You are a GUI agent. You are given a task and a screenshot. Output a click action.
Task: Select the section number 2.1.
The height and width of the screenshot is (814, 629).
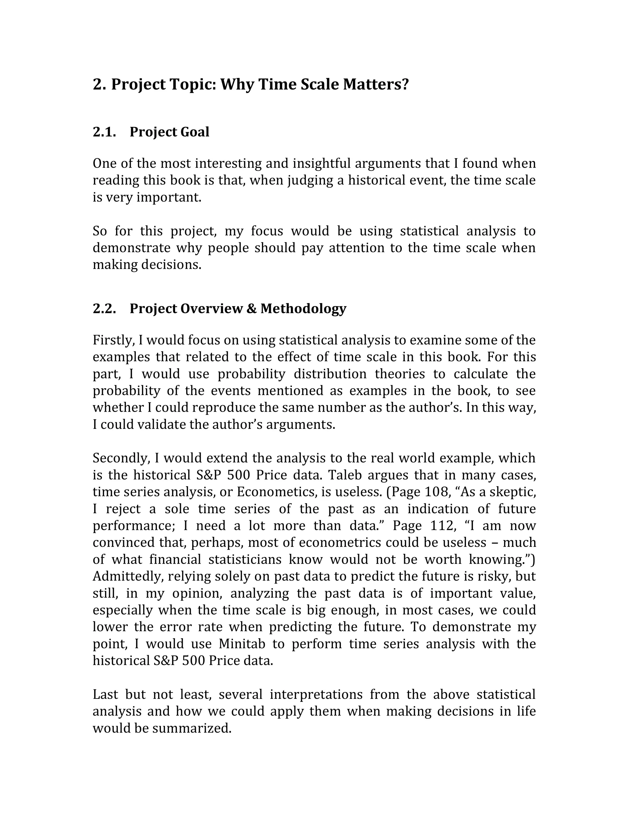click(104, 132)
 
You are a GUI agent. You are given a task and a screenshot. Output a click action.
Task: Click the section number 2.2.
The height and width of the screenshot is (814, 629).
click(104, 309)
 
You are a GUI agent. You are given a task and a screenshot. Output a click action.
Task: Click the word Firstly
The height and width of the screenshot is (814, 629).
click(113, 340)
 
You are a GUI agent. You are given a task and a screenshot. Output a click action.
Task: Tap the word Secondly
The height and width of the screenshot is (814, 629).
click(121, 458)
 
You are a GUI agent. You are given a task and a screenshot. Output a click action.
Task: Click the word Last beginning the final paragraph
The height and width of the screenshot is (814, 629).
click(105, 695)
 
